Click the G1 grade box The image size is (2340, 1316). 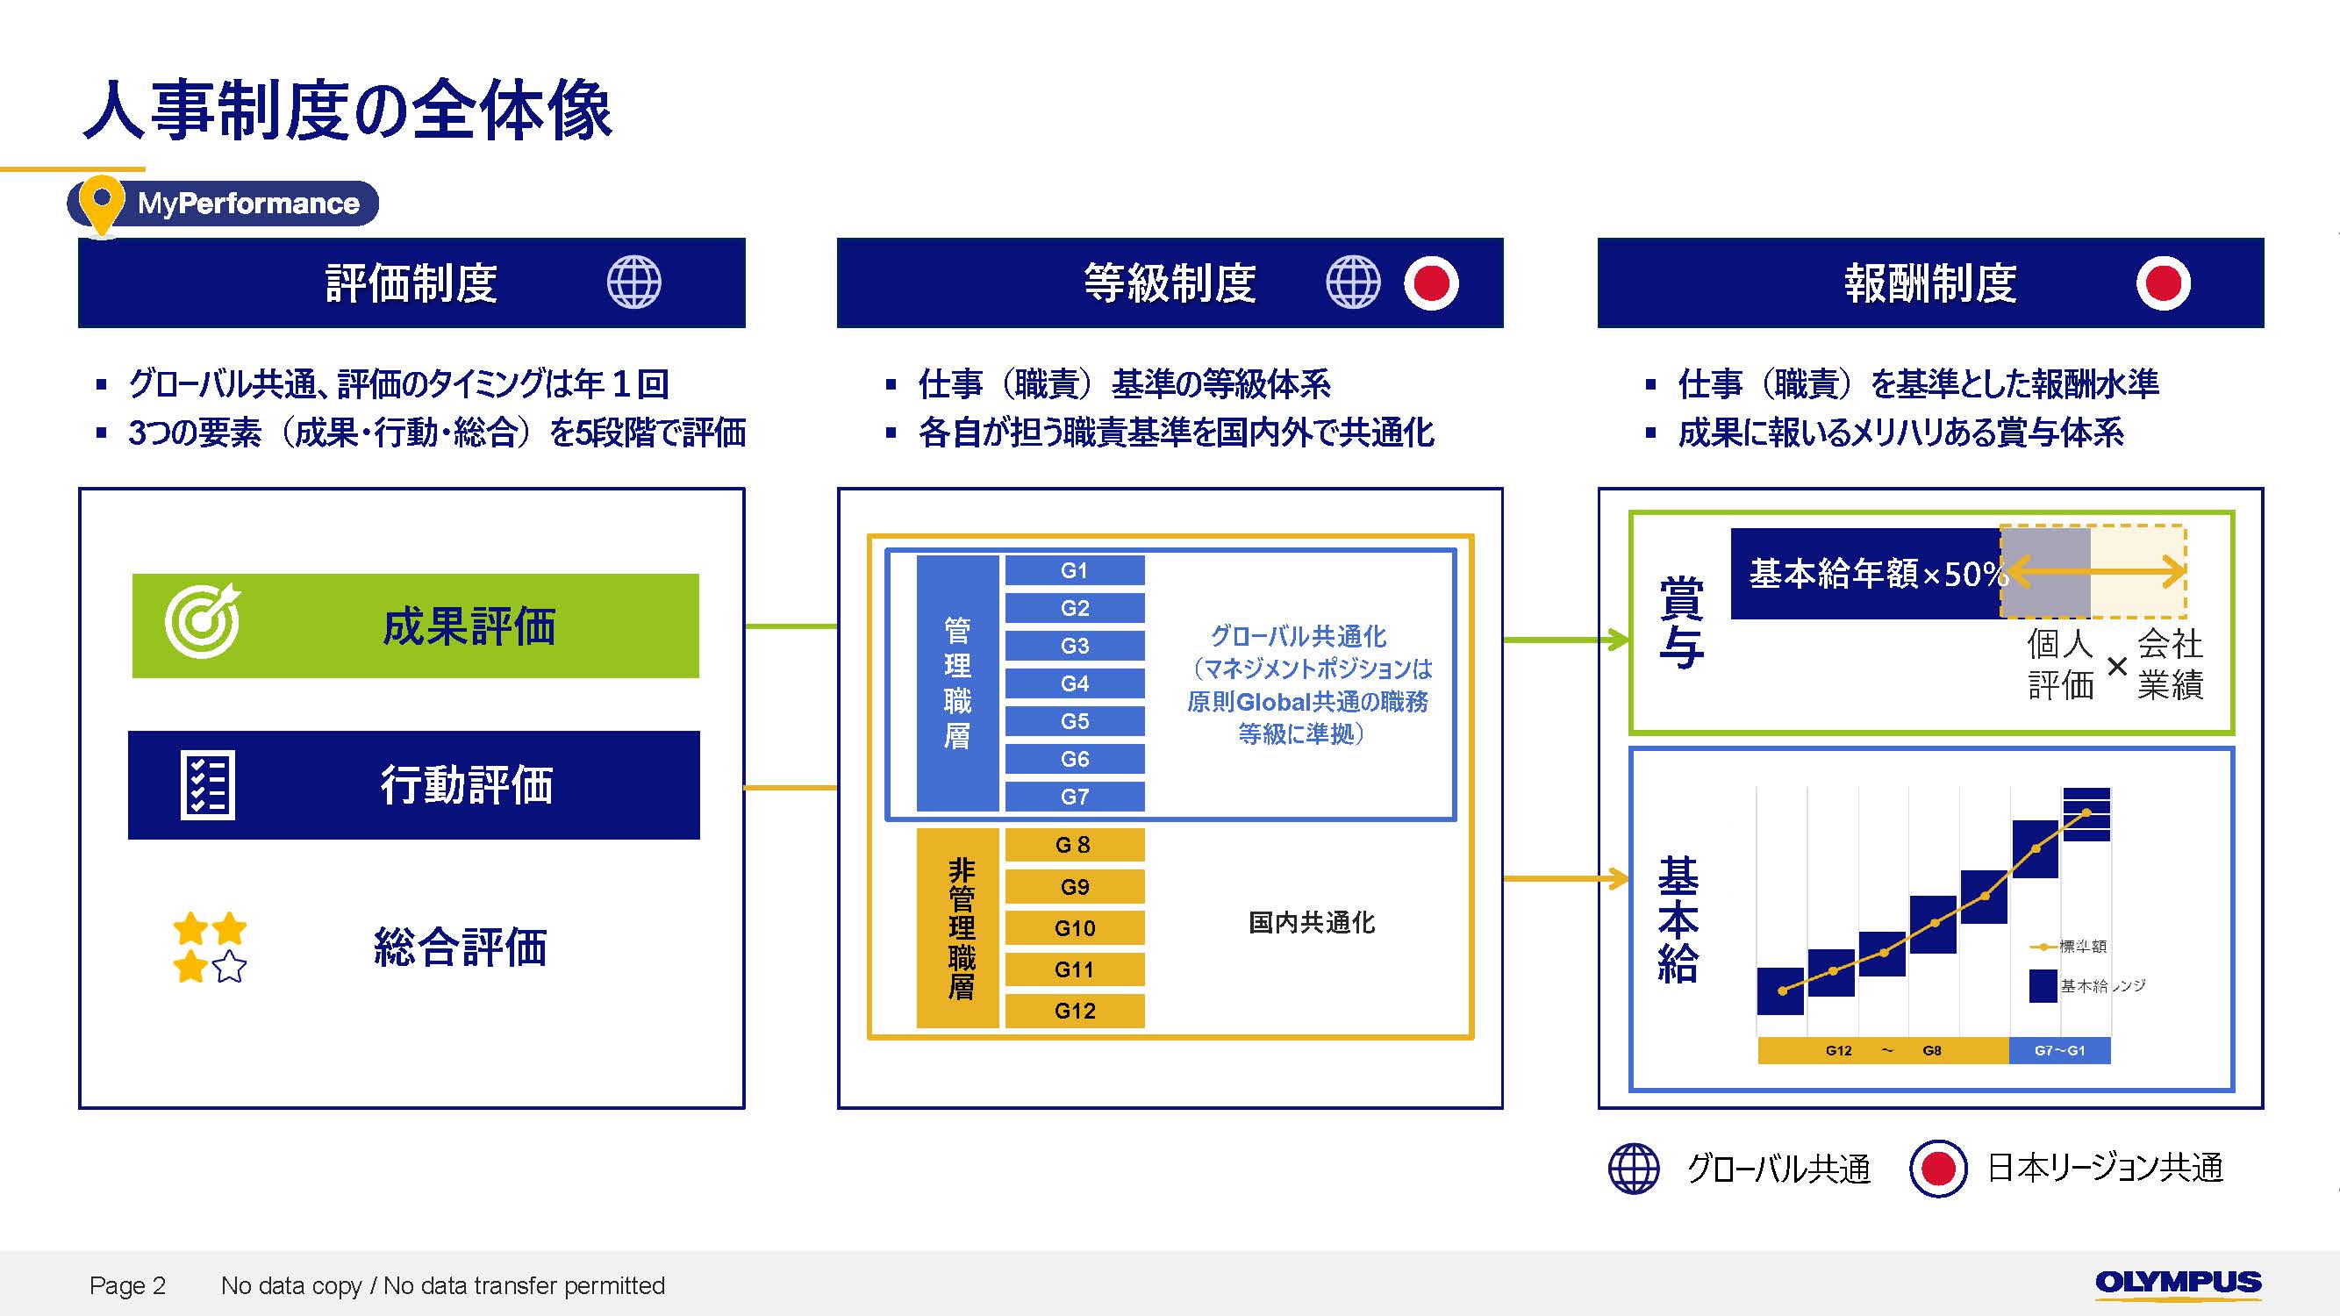(x=1074, y=570)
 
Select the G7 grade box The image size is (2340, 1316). (x=1074, y=797)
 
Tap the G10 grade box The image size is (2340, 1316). (x=1074, y=928)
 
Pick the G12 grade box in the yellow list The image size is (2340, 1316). (x=1074, y=1011)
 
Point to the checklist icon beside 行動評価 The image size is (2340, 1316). (x=207, y=785)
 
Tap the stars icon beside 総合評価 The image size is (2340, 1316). (x=209, y=948)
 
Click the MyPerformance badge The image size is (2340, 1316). (x=224, y=204)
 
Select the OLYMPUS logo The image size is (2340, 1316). (x=2178, y=1283)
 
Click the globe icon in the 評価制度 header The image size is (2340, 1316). (x=633, y=283)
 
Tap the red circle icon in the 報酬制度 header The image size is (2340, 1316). (x=2163, y=283)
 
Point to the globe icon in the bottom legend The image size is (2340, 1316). (x=1634, y=1168)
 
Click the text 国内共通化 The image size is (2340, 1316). (x=1311, y=923)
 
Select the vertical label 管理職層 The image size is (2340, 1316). (x=957, y=683)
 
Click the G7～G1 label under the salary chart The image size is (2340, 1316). (x=2059, y=1051)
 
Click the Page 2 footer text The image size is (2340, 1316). (x=127, y=1285)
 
